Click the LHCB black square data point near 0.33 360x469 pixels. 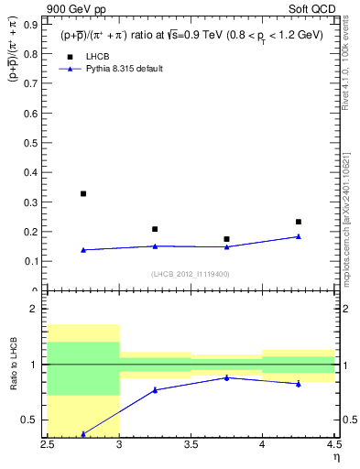83,193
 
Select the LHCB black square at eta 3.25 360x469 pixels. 155,229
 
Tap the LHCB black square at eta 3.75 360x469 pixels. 226,239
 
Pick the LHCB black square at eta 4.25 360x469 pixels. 298,222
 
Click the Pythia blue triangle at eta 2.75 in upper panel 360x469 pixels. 83,250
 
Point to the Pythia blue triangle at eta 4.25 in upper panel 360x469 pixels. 298,236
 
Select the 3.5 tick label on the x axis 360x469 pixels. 191,444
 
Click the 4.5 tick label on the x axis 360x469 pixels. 333,444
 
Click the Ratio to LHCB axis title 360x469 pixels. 13,365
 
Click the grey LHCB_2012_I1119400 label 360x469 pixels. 191,274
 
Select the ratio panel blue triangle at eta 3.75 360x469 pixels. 226,377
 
